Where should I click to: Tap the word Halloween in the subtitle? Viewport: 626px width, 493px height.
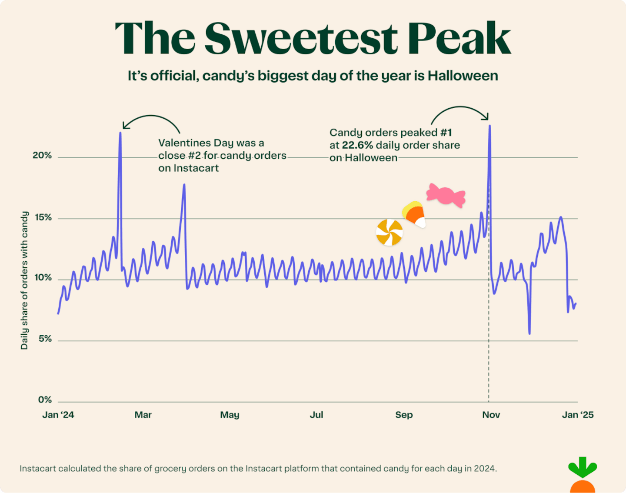coord(463,76)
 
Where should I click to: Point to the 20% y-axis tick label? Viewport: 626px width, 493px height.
coord(42,155)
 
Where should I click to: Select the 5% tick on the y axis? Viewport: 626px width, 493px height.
coord(45,339)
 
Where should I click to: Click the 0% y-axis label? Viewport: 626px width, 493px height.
coord(45,400)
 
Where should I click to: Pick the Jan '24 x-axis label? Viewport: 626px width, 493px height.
coord(58,415)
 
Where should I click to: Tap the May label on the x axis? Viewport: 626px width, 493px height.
coord(230,415)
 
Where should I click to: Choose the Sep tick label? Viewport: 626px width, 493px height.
coord(404,415)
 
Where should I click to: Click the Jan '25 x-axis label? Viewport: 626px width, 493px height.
coord(577,415)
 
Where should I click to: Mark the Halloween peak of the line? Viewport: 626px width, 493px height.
coord(490,126)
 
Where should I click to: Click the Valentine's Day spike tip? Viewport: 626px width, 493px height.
coord(120,133)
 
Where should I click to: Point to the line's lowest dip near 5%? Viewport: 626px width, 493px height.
coord(529,333)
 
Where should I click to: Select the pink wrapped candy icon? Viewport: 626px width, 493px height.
coord(446,195)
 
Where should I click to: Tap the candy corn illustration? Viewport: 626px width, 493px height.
coord(414,214)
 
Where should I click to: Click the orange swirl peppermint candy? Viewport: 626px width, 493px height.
coord(389,233)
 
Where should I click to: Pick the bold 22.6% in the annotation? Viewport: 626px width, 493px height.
coord(357,145)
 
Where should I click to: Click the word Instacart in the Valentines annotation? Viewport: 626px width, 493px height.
coord(196,168)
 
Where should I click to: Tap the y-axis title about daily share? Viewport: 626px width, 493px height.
coord(24,280)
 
